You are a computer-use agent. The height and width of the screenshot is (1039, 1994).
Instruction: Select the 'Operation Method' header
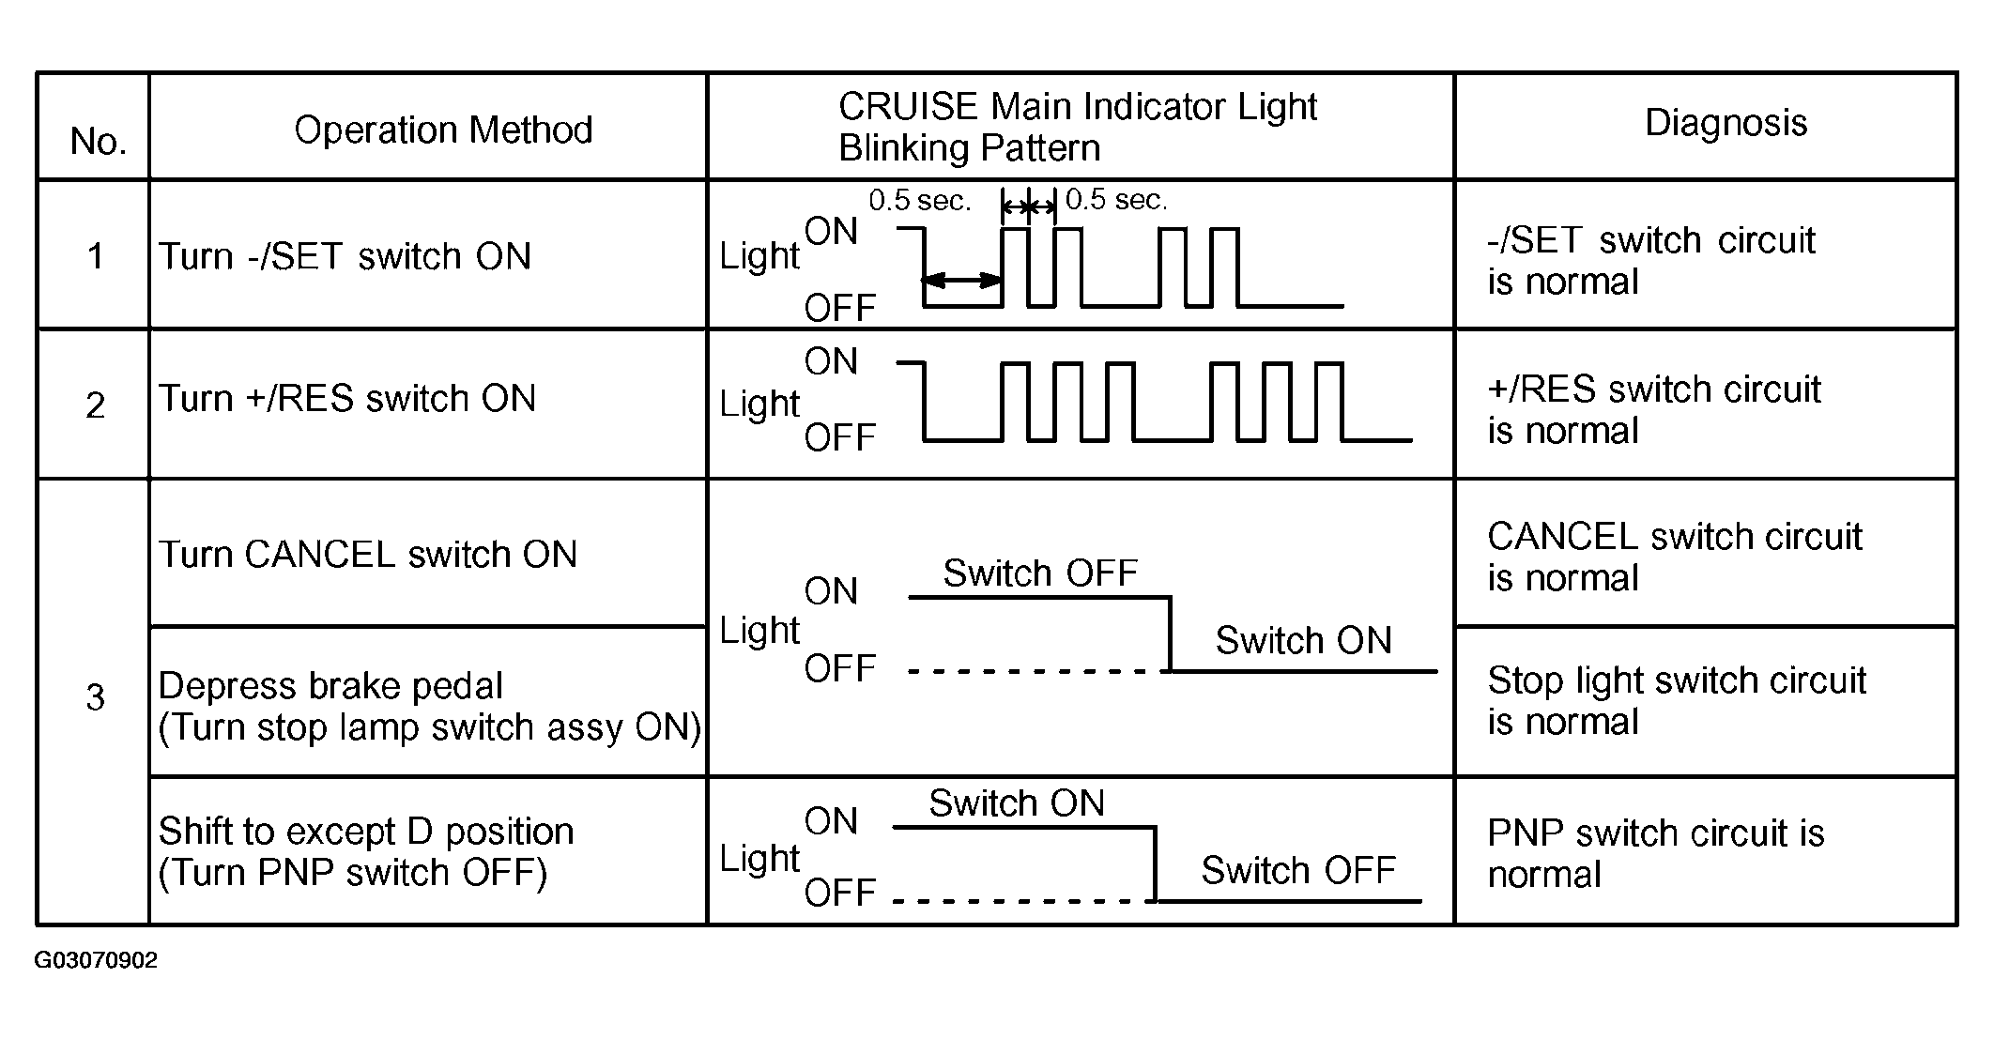(x=443, y=130)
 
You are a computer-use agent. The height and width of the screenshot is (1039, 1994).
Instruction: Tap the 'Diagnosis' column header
(x=1726, y=123)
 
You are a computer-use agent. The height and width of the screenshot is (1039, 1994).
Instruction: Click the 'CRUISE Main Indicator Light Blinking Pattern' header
(x=1077, y=127)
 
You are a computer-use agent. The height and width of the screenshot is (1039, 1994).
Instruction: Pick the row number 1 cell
(x=95, y=255)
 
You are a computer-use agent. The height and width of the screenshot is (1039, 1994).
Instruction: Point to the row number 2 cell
(x=95, y=405)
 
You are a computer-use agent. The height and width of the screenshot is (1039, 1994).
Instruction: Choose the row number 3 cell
(x=95, y=697)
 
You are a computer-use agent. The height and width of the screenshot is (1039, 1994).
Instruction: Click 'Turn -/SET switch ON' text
(x=345, y=255)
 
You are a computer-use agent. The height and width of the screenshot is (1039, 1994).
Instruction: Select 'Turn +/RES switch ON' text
(x=346, y=398)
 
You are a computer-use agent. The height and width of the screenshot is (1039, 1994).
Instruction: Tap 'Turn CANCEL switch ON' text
(x=367, y=554)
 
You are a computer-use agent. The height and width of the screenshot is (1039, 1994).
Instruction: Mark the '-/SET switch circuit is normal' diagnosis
(x=1650, y=261)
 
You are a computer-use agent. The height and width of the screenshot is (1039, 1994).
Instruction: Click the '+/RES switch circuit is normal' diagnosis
(x=1653, y=409)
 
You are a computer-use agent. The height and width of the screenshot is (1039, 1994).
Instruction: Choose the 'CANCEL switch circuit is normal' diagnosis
(x=1674, y=557)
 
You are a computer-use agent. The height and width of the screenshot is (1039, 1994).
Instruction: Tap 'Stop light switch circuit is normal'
(x=1677, y=700)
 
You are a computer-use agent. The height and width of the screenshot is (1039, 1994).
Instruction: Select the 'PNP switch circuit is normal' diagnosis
(x=1655, y=853)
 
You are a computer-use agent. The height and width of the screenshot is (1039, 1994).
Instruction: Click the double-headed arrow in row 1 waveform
(x=962, y=280)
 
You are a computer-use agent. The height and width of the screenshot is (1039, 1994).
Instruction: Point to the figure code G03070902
(x=96, y=960)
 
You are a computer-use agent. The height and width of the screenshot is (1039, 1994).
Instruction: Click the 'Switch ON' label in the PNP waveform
(x=1017, y=803)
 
